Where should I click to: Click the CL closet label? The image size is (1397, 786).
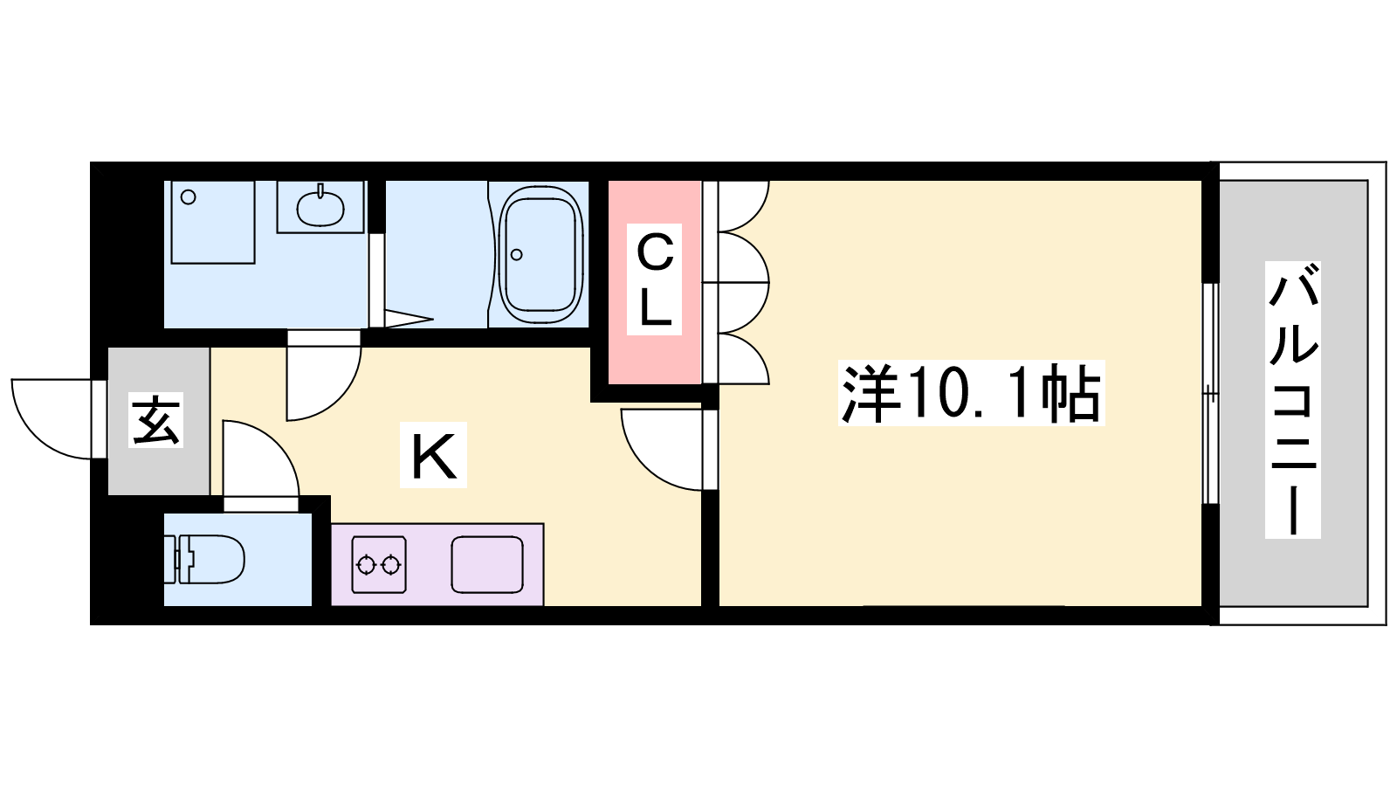[654, 279]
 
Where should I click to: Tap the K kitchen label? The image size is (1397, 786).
[433, 455]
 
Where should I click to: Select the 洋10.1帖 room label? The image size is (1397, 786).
[971, 393]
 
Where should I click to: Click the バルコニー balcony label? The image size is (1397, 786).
[1293, 400]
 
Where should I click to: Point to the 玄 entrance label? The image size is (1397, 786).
[156, 420]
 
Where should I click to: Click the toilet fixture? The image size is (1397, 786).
[204, 559]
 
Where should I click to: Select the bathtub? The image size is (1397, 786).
[541, 254]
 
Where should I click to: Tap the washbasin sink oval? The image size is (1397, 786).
[320, 208]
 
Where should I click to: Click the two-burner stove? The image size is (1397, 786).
[379, 564]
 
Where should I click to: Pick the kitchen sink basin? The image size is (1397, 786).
[488, 564]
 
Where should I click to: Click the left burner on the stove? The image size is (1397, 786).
[366, 565]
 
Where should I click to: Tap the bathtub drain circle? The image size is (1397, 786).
[516, 254]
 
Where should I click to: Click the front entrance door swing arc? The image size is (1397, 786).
[52, 419]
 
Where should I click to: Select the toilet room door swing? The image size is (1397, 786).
[261, 458]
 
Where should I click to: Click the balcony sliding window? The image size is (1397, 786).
[1210, 394]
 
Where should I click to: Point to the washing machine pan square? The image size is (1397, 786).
[213, 222]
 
